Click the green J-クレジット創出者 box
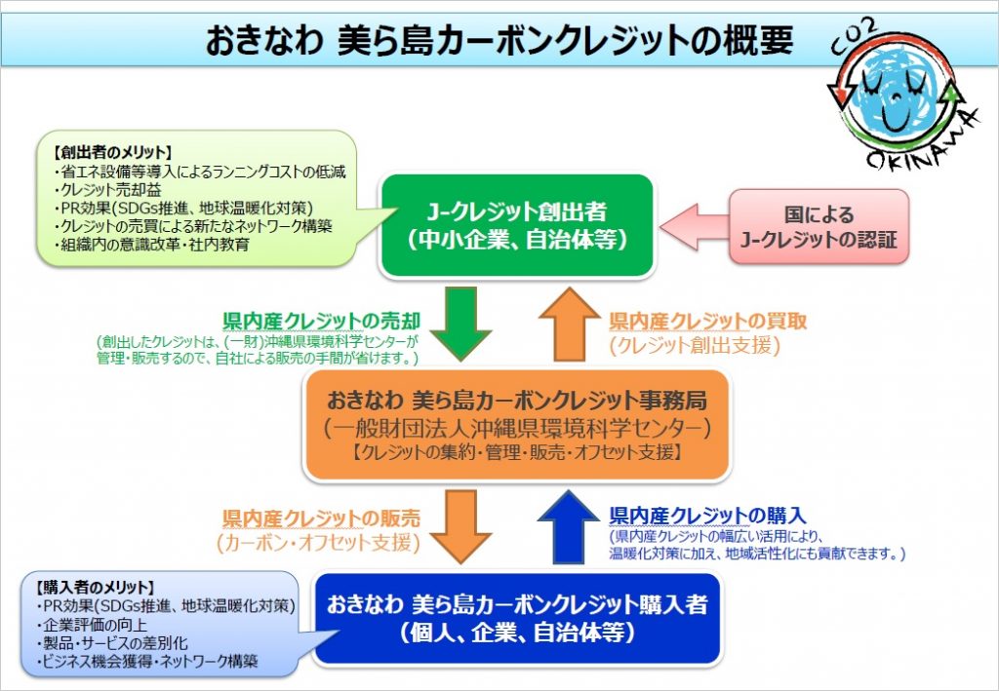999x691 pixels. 517,226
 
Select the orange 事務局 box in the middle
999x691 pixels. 517,425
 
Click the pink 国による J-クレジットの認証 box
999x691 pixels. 819,226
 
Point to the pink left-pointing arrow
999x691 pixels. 695,227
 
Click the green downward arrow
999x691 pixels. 460,324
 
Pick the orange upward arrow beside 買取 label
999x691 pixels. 569,324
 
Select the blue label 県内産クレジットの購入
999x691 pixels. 708,516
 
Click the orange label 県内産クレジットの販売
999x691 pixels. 322,518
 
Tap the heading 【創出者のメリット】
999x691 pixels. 113,153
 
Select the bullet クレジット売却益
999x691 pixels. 108,190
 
